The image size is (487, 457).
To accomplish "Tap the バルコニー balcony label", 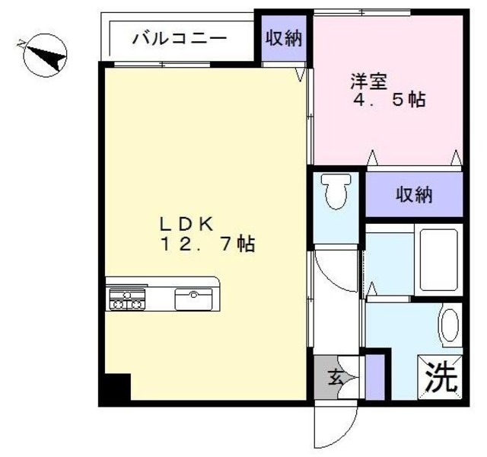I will pos(179,37).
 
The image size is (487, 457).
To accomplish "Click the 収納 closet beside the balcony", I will pos(283,38).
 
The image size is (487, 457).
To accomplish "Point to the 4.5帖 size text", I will pos(388,100).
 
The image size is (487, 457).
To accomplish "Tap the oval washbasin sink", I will pos(450,325).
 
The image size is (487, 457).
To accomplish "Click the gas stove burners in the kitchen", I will pos(127,299).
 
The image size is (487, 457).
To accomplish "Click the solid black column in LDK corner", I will pos(115,388).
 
